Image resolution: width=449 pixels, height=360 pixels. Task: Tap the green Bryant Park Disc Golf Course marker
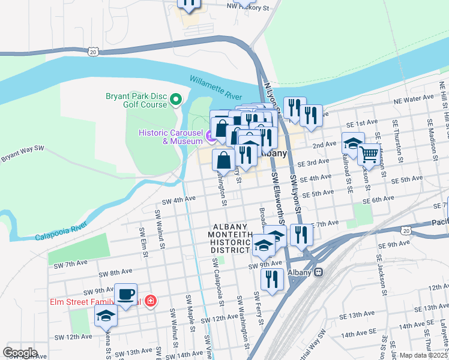(x=176, y=100)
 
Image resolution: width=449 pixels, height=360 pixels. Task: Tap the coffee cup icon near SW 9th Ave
(x=125, y=295)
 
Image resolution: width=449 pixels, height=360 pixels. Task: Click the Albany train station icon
(x=319, y=272)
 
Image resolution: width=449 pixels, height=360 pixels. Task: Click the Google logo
(x=20, y=353)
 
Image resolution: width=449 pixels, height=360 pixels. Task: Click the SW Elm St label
(x=144, y=242)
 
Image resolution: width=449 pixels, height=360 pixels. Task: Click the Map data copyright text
(x=423, y=355)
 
